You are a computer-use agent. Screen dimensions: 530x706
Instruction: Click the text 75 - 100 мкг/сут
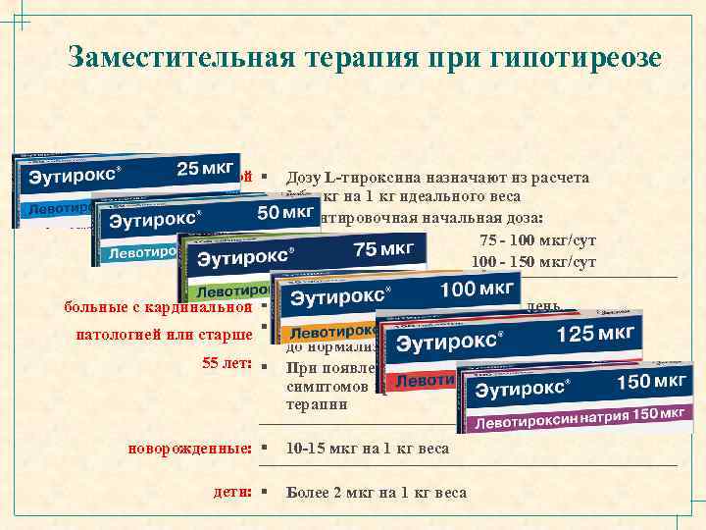(x=537, y=240)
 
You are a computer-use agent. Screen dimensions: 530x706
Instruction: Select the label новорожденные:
(x=189, y=449)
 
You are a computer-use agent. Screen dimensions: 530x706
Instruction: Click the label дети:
(x=232, y=492)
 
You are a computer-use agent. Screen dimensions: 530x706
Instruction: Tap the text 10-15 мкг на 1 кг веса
(x=367, y=449)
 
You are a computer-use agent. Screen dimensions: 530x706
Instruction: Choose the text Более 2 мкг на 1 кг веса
(x=376, y=493)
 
